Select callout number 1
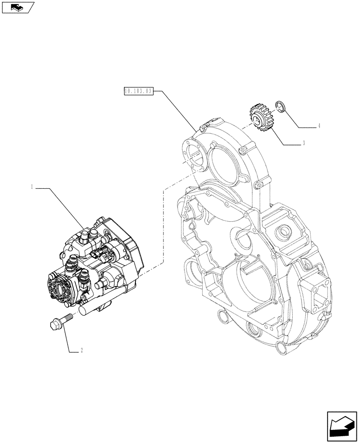(x=32, y=188)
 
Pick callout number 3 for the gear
(x=303, y=144)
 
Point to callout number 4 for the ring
(x=319, y=127)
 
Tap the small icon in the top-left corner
(x=17, y=7)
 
